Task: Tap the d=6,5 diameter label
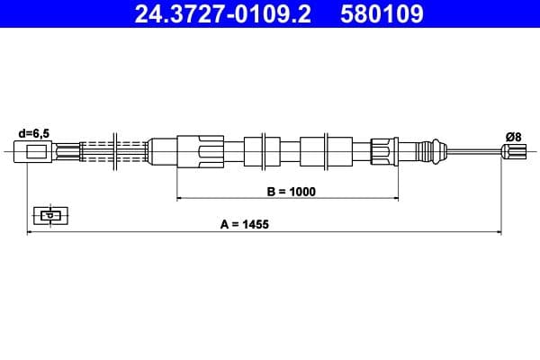point(33,133)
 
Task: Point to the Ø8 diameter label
point(513,136)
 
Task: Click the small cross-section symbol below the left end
point(49,215)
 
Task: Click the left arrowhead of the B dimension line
point(180,196)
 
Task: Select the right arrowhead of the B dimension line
point(391,196)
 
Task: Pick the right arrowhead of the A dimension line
point(499,231)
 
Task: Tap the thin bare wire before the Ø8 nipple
point(472,152)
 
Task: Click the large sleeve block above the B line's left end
point(200,150)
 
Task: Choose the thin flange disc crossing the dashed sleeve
point(114,150)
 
